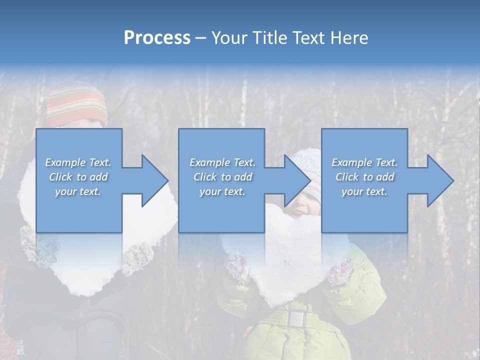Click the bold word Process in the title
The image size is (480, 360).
click(x=157, y=38)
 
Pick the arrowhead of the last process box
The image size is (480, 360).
click(x=439, y=180)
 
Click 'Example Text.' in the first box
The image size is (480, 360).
click(x=78, y=162)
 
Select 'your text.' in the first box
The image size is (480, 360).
click(x=78, y=191)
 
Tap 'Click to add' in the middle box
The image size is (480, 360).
click(x=222, y=177)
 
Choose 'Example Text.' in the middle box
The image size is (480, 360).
click(x=222, y=162)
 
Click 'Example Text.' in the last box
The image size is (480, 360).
click(x=364, y=162)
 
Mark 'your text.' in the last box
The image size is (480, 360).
click(x=364, y=191)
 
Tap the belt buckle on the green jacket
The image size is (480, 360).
click(x=296, y=318)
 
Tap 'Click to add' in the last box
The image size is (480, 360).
click(x=364, y=177)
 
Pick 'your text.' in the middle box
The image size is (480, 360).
click(x=222, y=191)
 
